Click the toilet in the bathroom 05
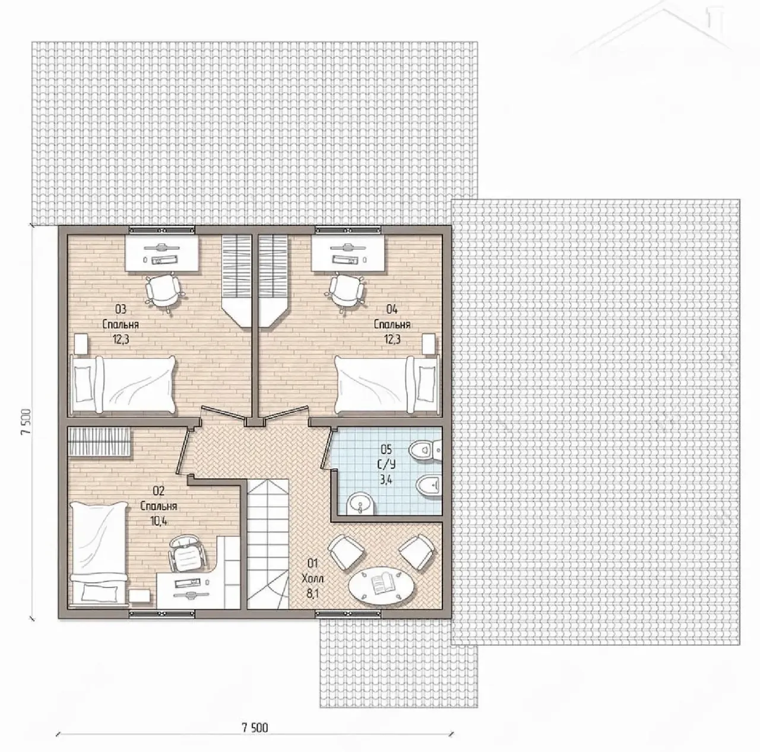click(x=425, y=449)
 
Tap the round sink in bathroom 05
click(x=360, y=504)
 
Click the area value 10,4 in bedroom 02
click(x=158, y=521)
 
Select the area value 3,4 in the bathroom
click(x=387, y=480)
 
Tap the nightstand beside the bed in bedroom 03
click(x=81, y=344)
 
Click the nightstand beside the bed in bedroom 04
click(x=429, y=344)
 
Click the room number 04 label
click(x=392, y=310)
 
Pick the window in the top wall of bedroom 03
click(x=163, y=230)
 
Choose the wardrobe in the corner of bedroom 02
click(x=99, y=442)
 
